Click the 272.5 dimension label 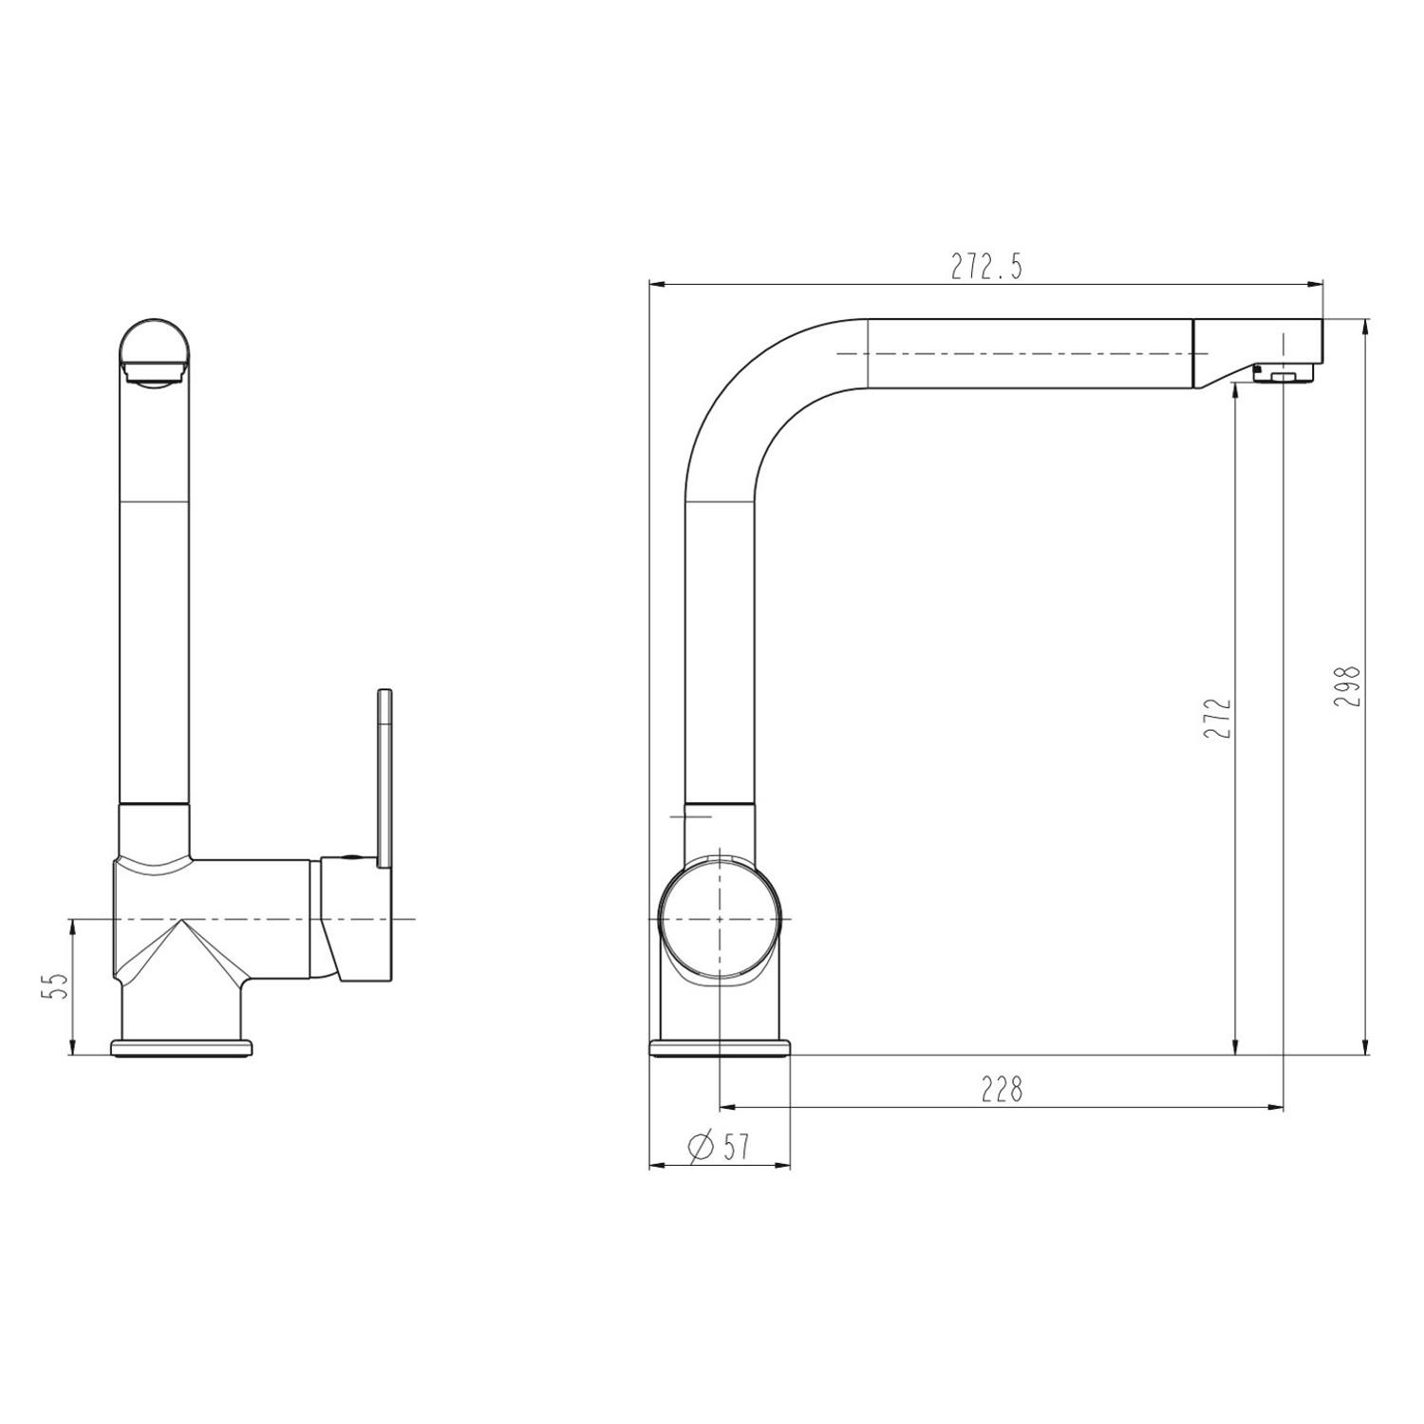pyautogui.click(x=987, y=268)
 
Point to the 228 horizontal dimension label pyautogui.click(x=1002, y=1089)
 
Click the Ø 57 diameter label pyautogui.click(x=720, y=1147)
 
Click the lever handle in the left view pyautogui.click(x=385, y=778)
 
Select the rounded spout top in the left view pyautogui.click(x=156, y=351)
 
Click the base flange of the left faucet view pyautogui.click(x=183, y=1047)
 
